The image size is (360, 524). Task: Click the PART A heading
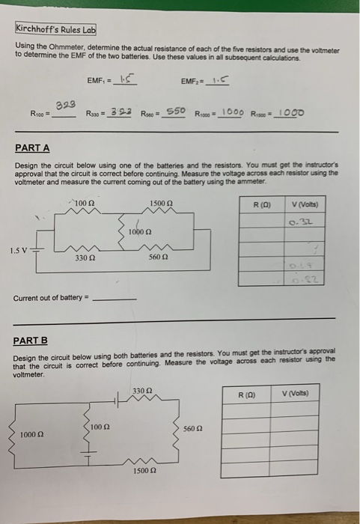point(31,149)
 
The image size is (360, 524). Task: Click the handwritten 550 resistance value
point(175,112)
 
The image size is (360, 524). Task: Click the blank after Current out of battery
point(118,298)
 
